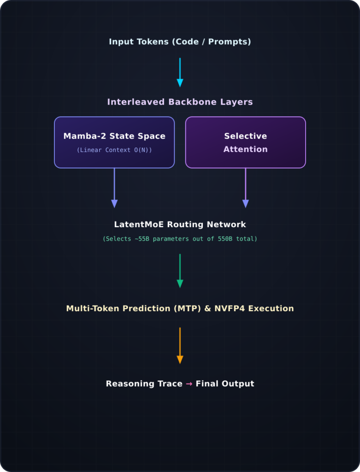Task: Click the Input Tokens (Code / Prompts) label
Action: [x=180, y=41]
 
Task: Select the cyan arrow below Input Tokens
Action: [x=180, y=72]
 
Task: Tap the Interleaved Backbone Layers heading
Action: [x=180, y=102]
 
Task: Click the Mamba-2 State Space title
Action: [x=114, y=136]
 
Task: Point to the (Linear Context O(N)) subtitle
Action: [x=114, y=150]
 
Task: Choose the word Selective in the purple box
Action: [x=246, y=136]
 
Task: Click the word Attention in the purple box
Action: [x=246, y=149]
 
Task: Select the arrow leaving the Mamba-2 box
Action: [x=114, y=188]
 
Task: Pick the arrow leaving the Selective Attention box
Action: [x=246, y=188]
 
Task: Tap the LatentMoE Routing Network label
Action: [x=180, y=224]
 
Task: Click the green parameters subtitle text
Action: [x=180, y=239]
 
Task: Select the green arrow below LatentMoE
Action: [x=180, y=271]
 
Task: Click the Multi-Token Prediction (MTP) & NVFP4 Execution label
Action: [x=180, y=308]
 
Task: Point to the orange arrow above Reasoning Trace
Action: [x=180, y=346]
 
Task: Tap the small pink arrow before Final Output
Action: [x=189, y=384]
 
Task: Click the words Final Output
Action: [x=225, y=383]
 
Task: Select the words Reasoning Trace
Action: [x=144, y=383]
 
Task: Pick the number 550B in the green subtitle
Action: [x=225, y=239]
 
